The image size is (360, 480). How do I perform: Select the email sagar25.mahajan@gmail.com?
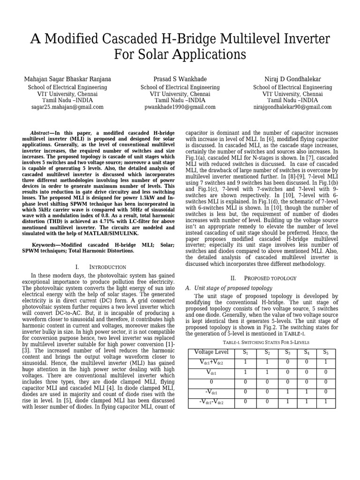(x=67, y=107)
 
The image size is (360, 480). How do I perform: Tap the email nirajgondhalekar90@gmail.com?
(x=292, y=107)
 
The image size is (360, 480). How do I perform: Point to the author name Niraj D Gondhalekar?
(x=292, y=79)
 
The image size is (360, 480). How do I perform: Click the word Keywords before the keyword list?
(x=45, y=245)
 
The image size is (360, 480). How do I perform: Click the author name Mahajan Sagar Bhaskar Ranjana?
(x=67, y=79)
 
